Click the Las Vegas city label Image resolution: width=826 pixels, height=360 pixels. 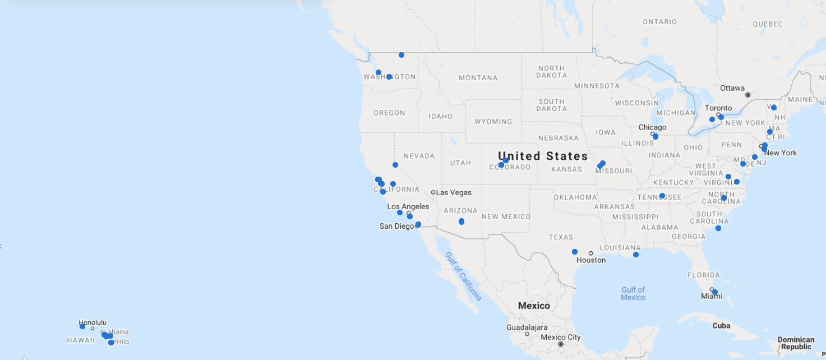pos(454,192)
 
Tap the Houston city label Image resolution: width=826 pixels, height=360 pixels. pos(591,260)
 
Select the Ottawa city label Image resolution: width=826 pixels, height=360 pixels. pos(732,88)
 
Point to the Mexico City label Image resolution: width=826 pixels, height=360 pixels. pos(560,338)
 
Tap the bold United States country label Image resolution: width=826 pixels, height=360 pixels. pos(543,156)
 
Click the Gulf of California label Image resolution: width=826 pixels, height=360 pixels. pos(463,276)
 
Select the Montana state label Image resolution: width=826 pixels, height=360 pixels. pos(478,78)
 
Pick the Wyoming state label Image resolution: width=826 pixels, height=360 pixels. pos(493,122)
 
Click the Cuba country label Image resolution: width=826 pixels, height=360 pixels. pos(721,326)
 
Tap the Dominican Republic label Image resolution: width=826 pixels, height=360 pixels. pos(796,343)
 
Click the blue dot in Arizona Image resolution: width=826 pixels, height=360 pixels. pos(462,221)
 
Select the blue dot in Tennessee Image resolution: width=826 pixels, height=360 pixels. pos(662,196)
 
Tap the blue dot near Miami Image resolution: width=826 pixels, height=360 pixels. pos(715,292)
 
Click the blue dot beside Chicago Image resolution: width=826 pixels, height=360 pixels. pos(656,136)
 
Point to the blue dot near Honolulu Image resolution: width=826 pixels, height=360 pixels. pos(82,326)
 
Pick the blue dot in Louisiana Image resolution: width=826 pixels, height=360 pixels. pos(636,255)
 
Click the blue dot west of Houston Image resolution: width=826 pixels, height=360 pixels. pos(575,252)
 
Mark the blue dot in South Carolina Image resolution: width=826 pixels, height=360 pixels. pos(718,228)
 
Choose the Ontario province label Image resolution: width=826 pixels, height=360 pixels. pos(659,22)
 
